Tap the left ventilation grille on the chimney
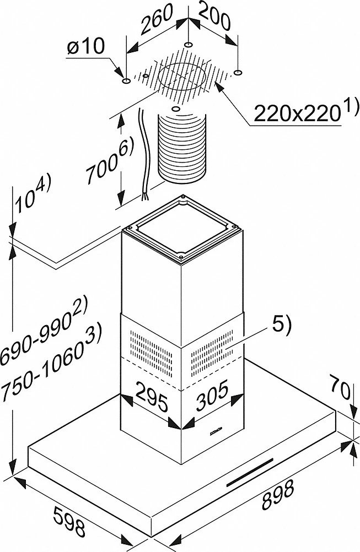[152, 352]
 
